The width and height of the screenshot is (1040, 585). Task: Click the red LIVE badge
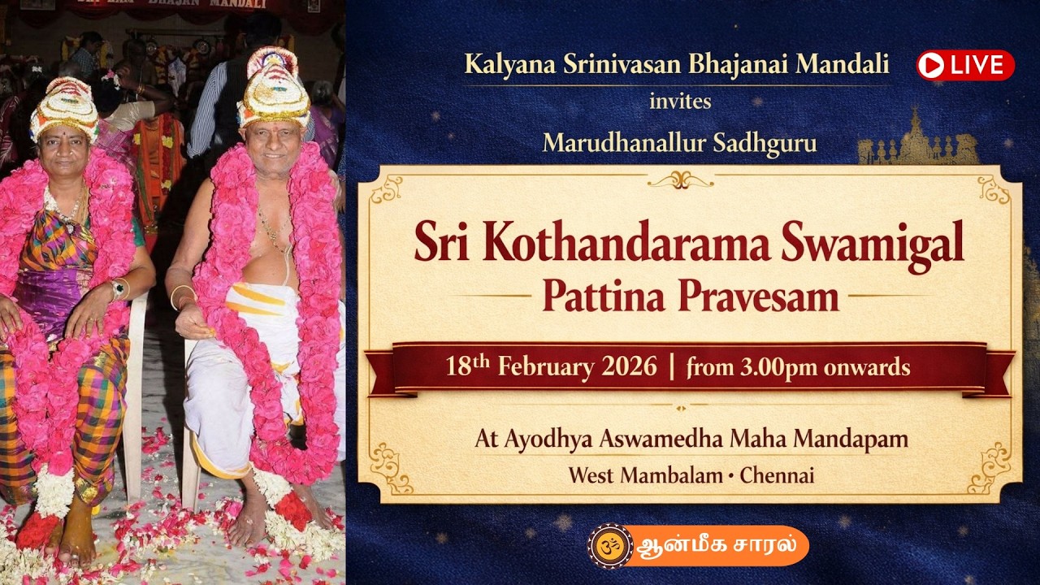[965, 65]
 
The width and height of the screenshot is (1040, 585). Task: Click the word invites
[680, 102]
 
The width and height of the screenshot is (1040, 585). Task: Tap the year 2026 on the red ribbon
[629, 366]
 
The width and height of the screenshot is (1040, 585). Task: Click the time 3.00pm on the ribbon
[778, 367]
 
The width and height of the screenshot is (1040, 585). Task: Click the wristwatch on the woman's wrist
[119, 288]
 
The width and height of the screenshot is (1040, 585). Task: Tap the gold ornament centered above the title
[680, 180]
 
